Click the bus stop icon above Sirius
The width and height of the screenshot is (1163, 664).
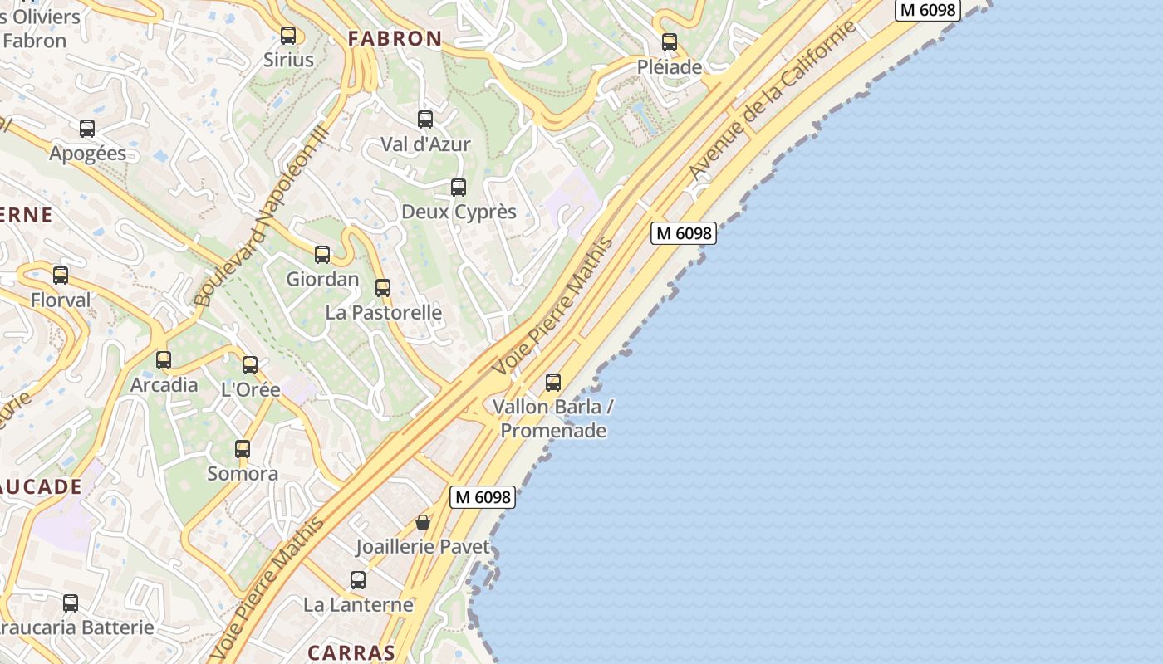pyautogui.click(x=288, y=36)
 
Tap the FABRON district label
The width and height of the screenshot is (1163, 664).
pyautogui.click(x=395, y=38)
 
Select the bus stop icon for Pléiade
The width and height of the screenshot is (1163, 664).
pyautogui.click(x=670, y=42)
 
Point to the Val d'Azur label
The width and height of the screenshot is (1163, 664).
pyautogui.click(x=425, y=144)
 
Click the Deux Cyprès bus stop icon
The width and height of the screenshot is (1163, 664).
pyautogui.click(x=459, y=188)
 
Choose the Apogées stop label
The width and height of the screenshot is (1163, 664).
pyautogui.click(x=88, y=154)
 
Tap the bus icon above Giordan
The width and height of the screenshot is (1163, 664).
pyautogui.click(x=322, y=255)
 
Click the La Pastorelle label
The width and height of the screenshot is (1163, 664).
pyautogui.click(x=384, y=313)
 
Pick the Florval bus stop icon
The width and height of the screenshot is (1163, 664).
pyautogui.click(x=61, y=276)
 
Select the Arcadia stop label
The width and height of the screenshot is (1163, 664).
pyautogui.click(x=164, y=385)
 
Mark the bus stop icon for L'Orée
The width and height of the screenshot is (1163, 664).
pyautogui.click(x=250, y=364)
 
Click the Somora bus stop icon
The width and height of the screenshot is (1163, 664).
pyautogui.click(x=243, y=449)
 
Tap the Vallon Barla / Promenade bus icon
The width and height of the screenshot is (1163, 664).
pyautogui.click(x=553, y=383)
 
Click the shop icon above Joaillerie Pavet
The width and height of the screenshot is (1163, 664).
pyautogui.click(x=423, y=522)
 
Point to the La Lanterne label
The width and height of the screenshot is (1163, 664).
pyautogui.click(x=358, y=604)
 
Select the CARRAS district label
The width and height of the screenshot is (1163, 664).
pyautogui.click(x=351, y=652)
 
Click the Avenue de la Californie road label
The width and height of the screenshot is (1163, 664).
pyautogui.click(x=772, y=101)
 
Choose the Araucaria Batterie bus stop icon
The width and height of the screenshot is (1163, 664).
pyautogui.click(x=71, y=603)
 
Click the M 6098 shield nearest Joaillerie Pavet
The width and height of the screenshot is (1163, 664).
pyautogui.click(x=483, y=497)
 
